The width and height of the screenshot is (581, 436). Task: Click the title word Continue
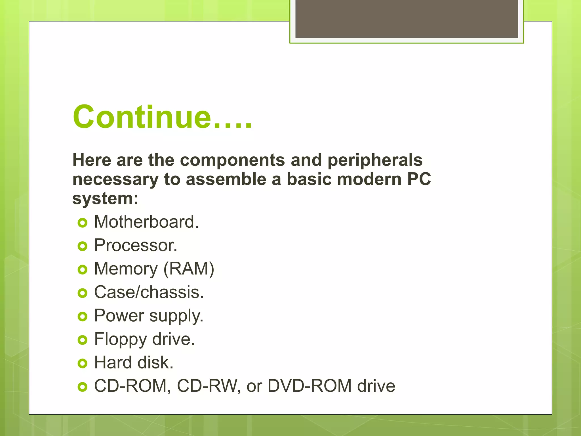[142, 117]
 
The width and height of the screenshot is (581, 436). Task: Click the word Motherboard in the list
[146, 222]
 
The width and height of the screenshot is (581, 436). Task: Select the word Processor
[135, 245]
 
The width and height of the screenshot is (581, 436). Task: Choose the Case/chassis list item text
[149, 292]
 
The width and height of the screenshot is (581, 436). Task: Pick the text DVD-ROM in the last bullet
[310, 386]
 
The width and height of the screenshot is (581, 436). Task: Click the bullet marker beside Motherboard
[82, 223]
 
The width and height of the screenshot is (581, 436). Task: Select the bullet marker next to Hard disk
[82, 363]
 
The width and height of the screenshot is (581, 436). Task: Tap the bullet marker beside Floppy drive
[82, 340]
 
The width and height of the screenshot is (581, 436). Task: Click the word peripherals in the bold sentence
[375, 160]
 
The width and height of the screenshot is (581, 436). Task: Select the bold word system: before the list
[105, 198]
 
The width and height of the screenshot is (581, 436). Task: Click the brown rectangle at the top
[407, 19]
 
